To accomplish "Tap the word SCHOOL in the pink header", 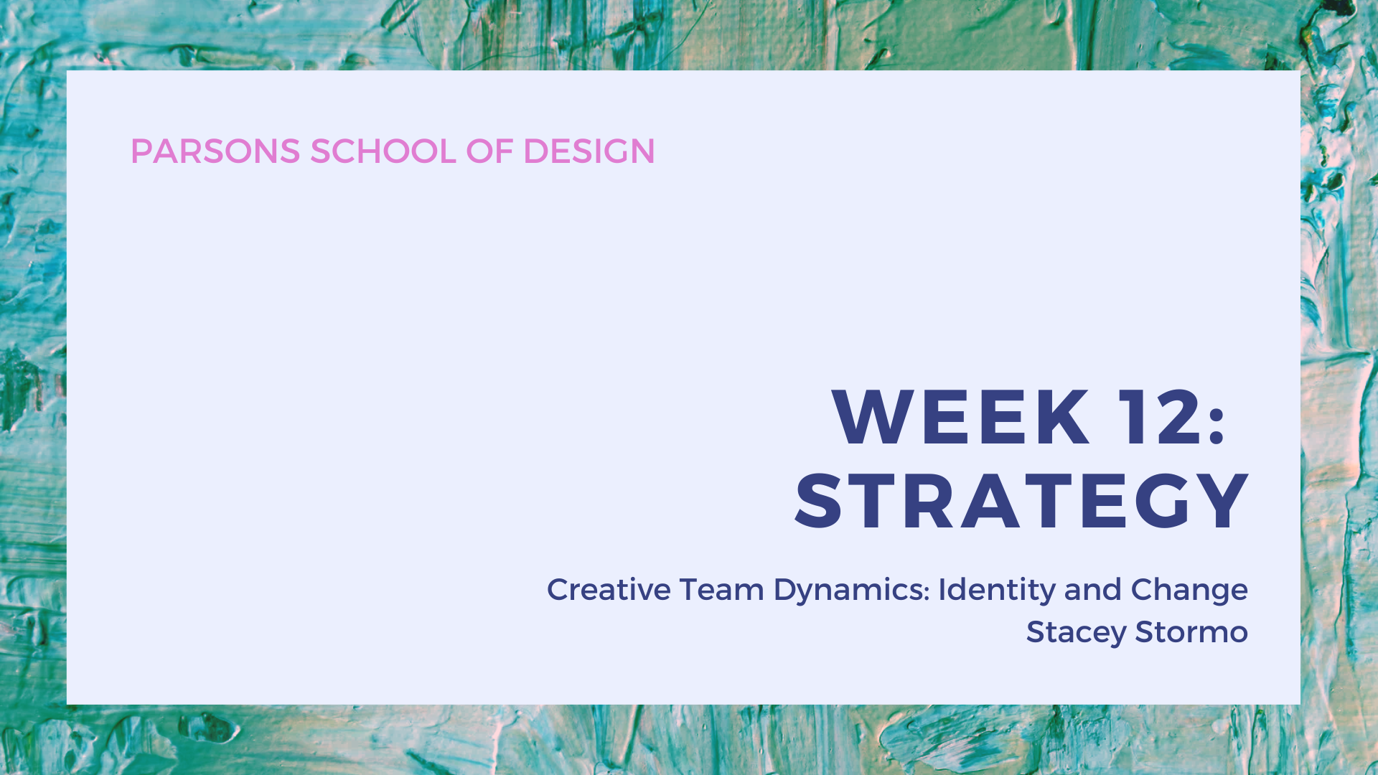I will [383, 151].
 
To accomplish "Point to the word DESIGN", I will [589, 151].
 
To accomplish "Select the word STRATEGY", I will [1022, 502].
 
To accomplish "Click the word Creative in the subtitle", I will [609, 590].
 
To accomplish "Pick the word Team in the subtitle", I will [722, 590].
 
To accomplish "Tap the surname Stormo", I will [1191, 632].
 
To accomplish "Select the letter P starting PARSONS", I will [141, 151].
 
